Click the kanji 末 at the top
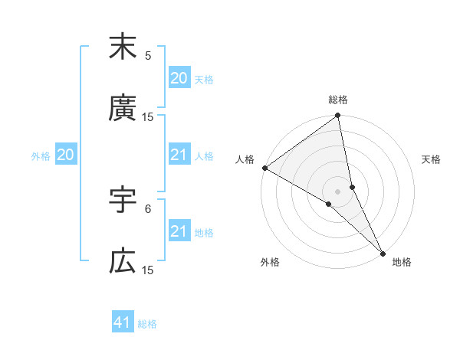click(123, 47)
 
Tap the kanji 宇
click(123, 200)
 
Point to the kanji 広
click(123, 261)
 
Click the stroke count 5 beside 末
click(148, 55)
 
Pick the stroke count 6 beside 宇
click(148, 208)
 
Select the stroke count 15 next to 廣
click(148, 116)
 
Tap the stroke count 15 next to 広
click(148, 270)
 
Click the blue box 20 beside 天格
click(179, 78)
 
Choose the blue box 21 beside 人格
click(179, 155)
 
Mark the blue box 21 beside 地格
click(179, 231)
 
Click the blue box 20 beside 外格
click(65, 155)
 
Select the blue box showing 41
click(123, 322)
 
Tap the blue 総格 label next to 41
click(148, 324)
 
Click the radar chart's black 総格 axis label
click(338, 100)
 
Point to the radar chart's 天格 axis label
click(431, 159)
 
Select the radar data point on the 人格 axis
click(264, 168)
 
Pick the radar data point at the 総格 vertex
click(338, 116)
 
